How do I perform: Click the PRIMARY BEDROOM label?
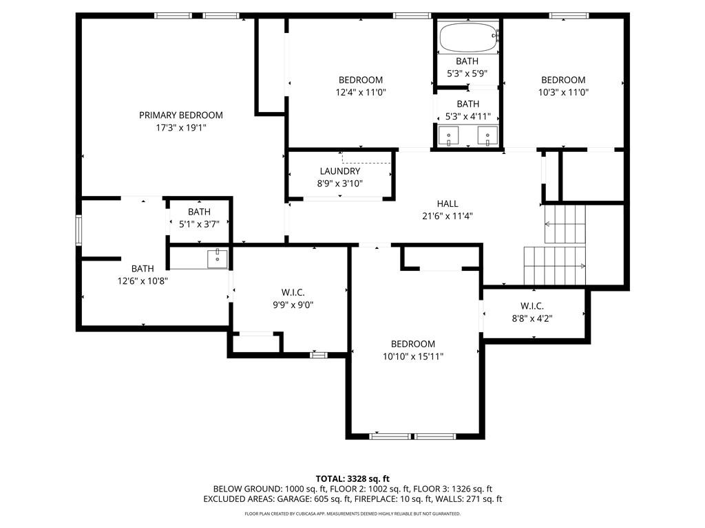[181, 115]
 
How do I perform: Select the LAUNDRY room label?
[339, 171]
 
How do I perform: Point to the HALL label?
[448, 203]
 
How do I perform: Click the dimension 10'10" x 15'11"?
[413, 356]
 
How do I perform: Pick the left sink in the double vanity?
[449, 136]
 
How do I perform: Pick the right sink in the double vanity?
[488, 136]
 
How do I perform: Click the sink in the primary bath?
[217, 259]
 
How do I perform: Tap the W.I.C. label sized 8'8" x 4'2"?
[532, 306]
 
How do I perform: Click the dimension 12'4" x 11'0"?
[361, 92]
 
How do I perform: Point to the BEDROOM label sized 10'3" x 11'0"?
[563, 80]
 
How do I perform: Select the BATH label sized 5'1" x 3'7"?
[199, 212]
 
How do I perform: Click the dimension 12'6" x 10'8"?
[143, 280]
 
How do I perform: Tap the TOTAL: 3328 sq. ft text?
[352, 478]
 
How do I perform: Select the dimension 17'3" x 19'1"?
[181, 128]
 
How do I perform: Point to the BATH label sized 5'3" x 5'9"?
[467, 61]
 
